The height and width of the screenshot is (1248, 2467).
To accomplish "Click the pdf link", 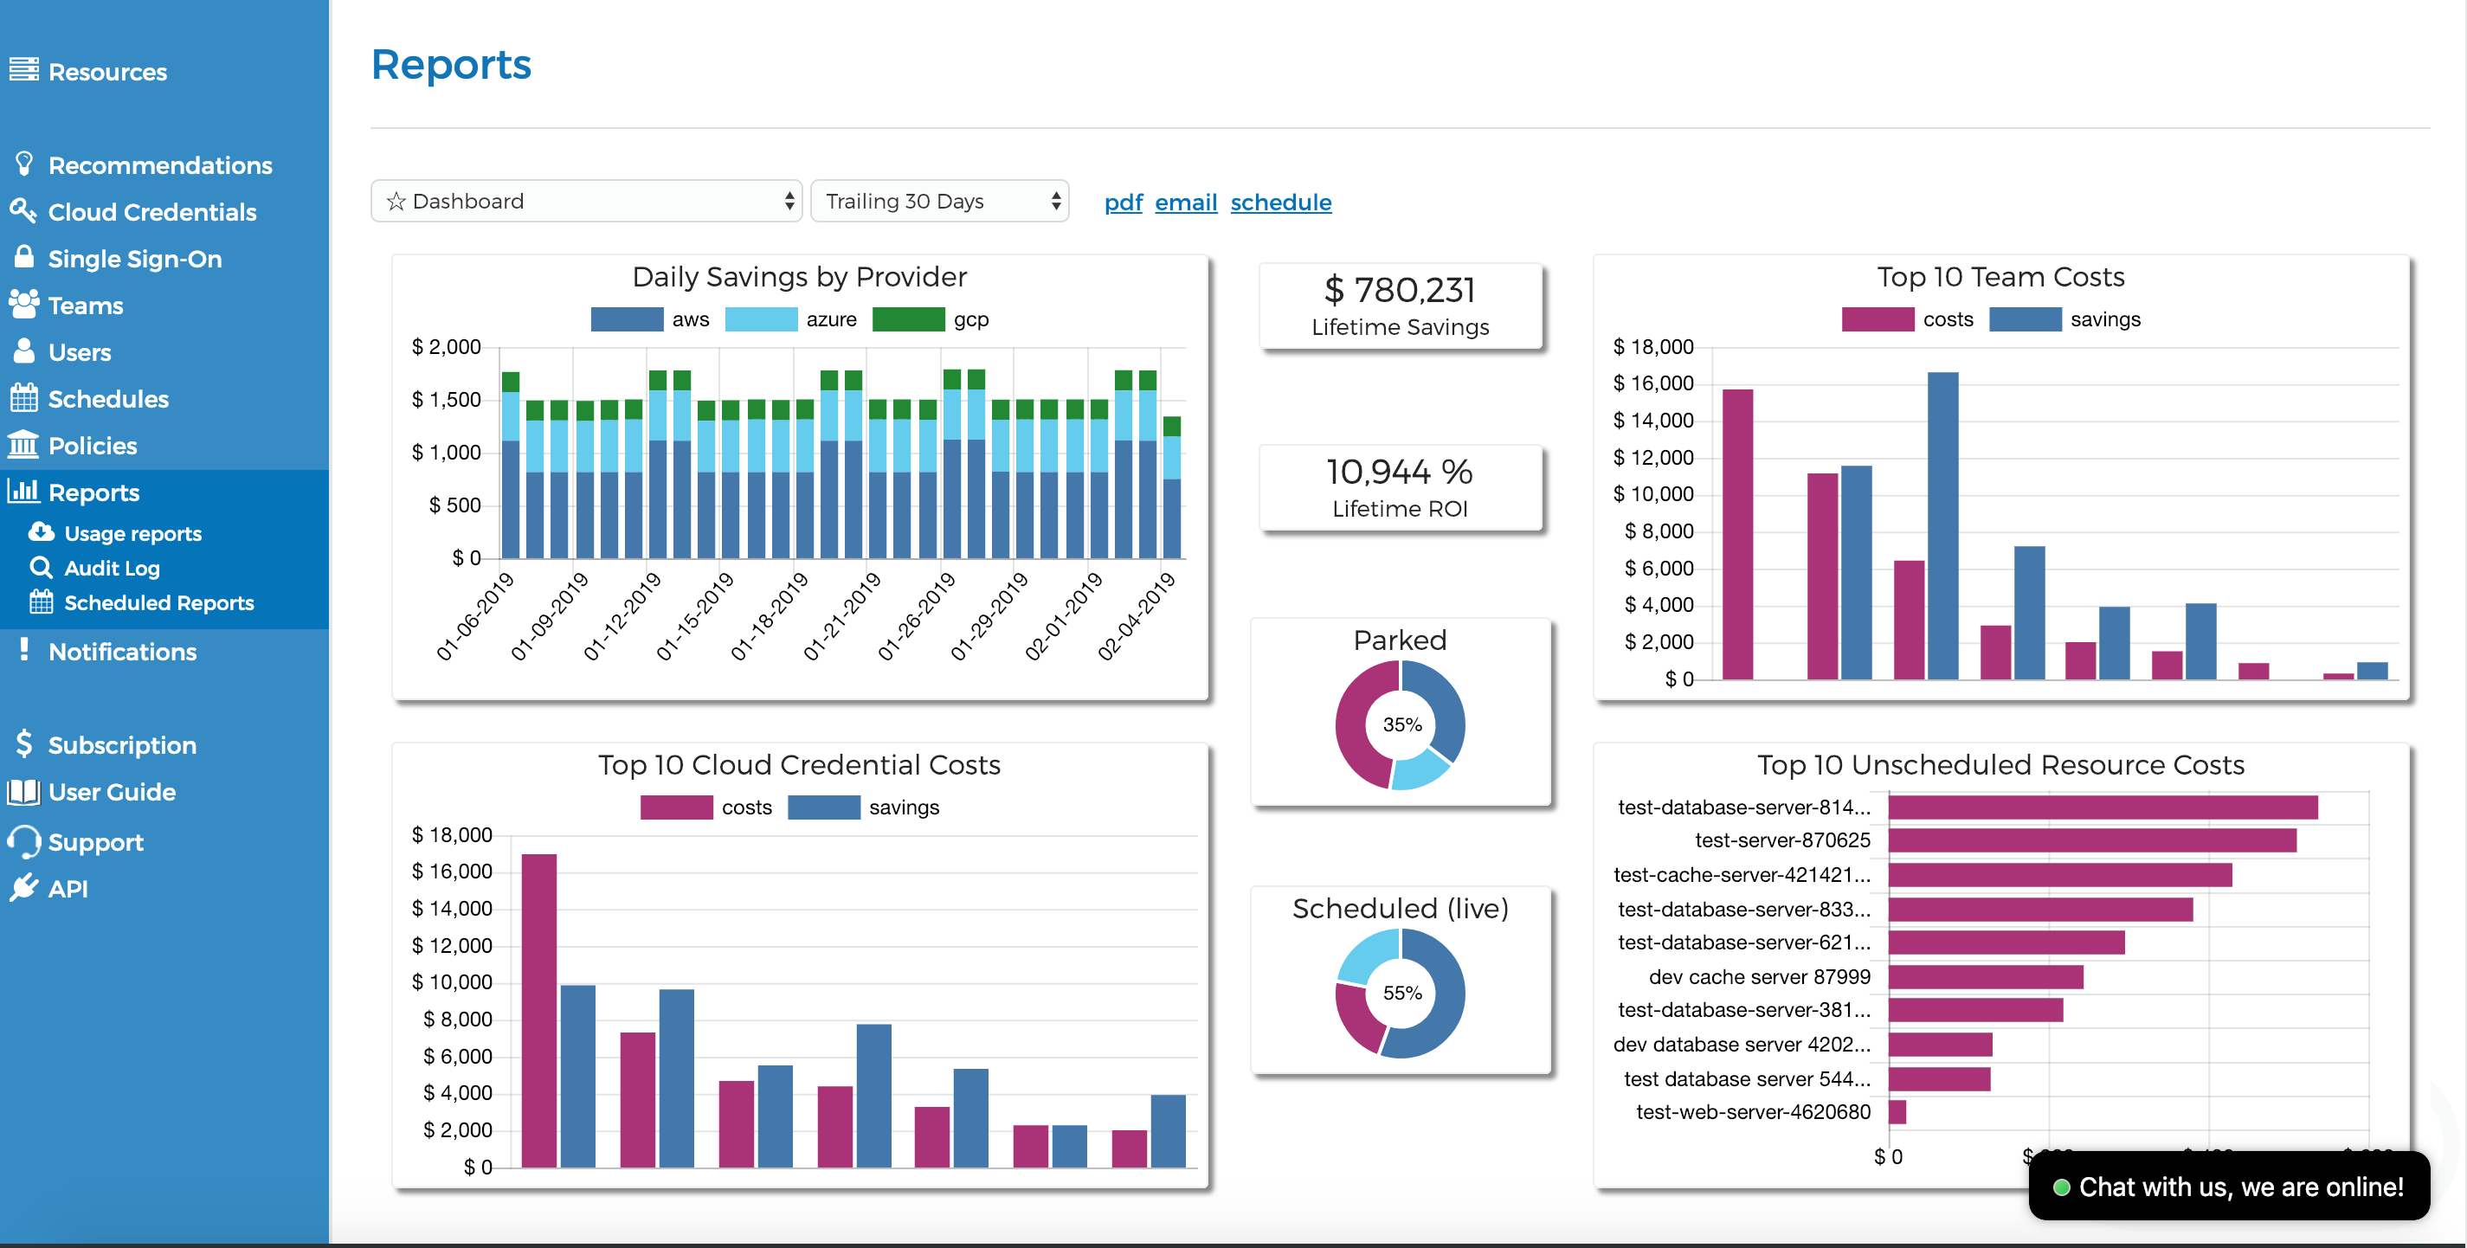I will [x=1123, y=203].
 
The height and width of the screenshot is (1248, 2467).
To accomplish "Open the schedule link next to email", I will [x=1279, y=203].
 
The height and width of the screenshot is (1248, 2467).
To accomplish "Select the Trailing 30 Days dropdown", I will [x=938, y=201].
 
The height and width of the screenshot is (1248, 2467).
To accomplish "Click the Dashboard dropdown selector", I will [x=585, y=201].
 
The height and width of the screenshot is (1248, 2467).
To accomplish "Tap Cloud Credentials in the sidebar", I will [x=151, y=212].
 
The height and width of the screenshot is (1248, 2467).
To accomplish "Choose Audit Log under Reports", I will [x=111, y=568].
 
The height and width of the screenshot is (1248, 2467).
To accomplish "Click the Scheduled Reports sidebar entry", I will [x=158, y=602].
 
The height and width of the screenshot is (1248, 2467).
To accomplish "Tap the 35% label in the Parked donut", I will [x=1401, y=725].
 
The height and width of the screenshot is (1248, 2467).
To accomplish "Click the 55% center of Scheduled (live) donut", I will [x=1401, y=994].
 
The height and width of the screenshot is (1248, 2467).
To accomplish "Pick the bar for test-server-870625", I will [x=2091, y=840].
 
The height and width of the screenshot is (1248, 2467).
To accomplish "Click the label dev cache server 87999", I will [x=1758, y=977].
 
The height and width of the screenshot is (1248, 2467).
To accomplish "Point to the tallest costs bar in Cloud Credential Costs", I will [x=539, y=1006].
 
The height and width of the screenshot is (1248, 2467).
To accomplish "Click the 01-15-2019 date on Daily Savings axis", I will [x=696, y=616].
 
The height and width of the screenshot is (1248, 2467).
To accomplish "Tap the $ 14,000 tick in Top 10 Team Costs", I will [x=1653, y=421].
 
